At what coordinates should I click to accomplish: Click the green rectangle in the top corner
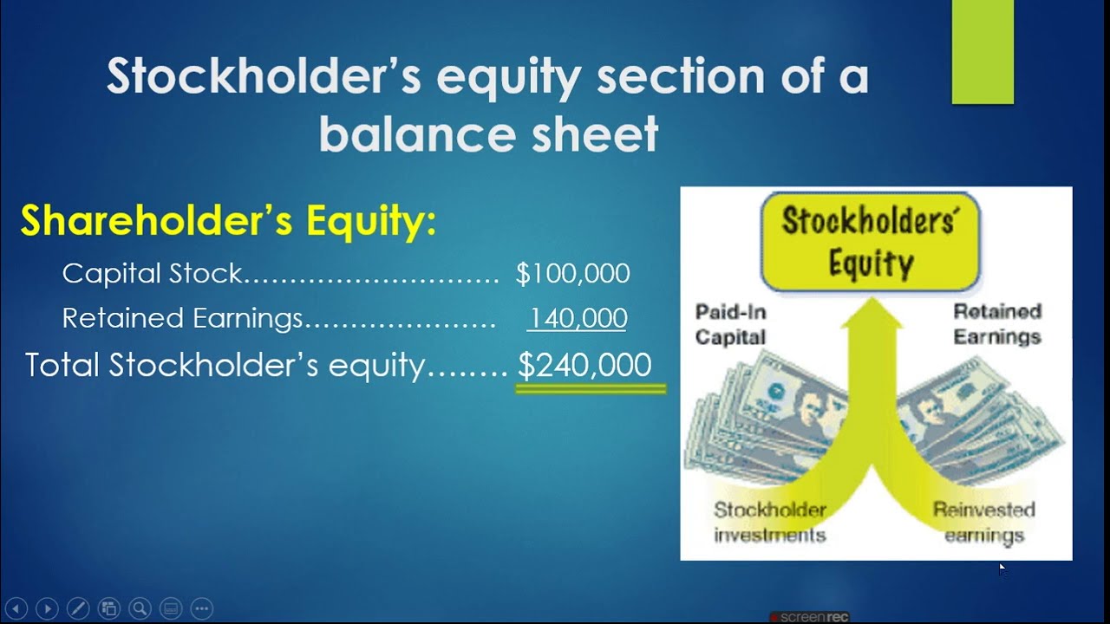[982, 52]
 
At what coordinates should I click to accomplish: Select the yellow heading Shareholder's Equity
[228, 221]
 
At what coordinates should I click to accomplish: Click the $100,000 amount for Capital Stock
[572, 274]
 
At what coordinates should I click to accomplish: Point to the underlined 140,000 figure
[577, 318]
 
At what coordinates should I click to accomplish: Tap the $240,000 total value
[584, 365]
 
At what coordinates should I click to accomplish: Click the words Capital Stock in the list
[153, 274]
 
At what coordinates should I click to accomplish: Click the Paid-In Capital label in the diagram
[730, 323]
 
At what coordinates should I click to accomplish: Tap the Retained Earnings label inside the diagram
[997, 323]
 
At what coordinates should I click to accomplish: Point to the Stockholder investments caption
[769, 522]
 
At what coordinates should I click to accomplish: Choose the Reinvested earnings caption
[983, 522]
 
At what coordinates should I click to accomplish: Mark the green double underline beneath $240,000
[591, 390]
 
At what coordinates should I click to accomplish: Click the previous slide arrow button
[16, 608]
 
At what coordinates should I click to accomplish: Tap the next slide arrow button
[47, 608]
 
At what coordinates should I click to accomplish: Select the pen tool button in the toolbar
[77, 608]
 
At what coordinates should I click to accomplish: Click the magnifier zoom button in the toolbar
[140, 608]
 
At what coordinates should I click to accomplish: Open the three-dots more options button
[201, 608]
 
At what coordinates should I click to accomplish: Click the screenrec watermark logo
[810, 617]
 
